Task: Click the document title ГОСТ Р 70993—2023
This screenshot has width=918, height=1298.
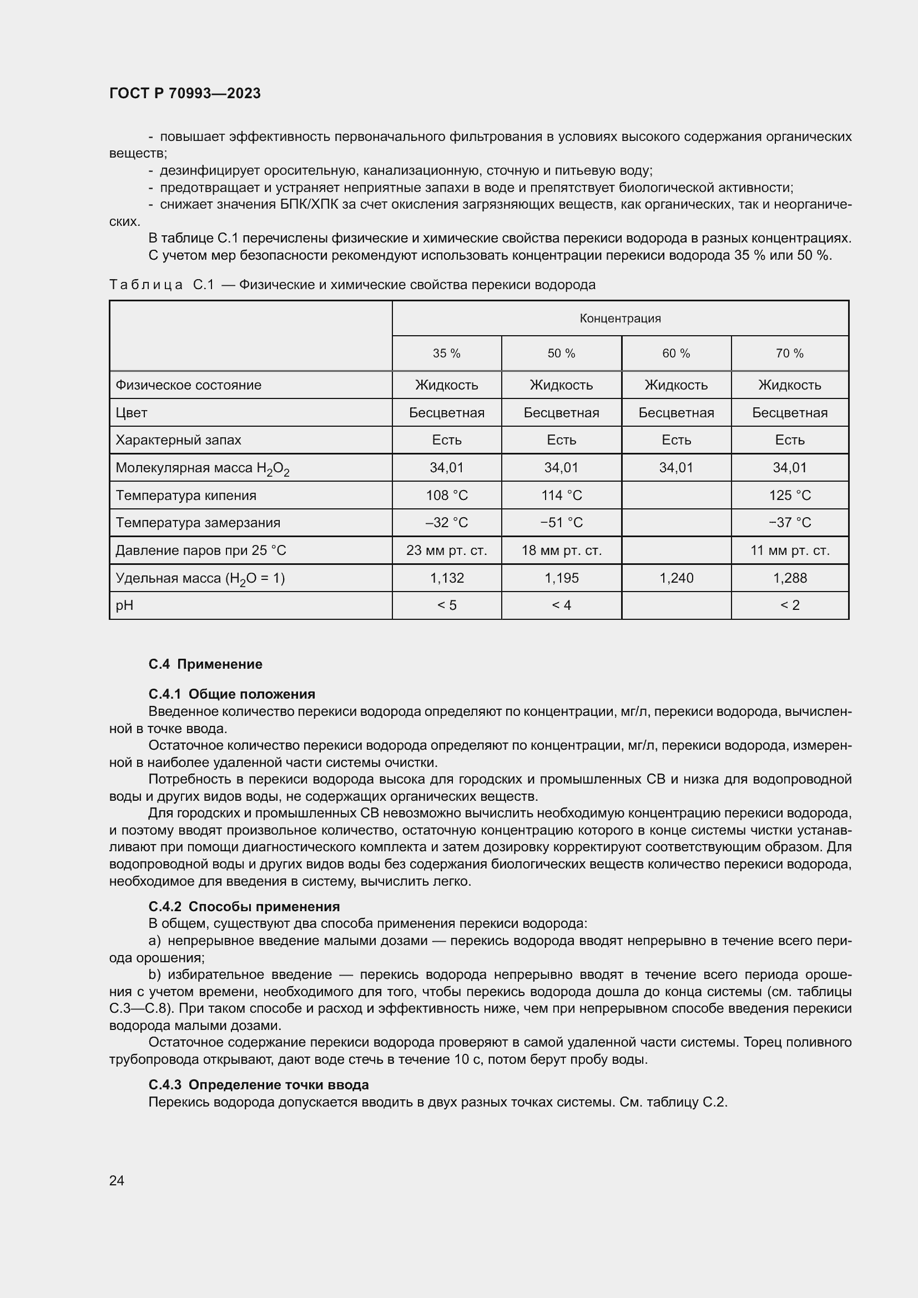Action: coord(185,93)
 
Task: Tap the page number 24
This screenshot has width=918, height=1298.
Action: coord(117,1180)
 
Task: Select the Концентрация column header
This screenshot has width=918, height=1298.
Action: coord(620,319)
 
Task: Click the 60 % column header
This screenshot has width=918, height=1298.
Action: coord(676,353)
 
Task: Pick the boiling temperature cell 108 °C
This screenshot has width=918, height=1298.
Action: coord(447,495)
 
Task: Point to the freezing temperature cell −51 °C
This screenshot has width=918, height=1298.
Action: coord(561,522)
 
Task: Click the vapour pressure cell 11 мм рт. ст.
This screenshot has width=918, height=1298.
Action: coord(790,550)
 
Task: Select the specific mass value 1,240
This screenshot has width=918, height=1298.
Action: coord(676,578)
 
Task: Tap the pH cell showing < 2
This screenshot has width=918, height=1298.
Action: coord(790,605)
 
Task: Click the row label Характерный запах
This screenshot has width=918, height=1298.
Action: coord(178,440)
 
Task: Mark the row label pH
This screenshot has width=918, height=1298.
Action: coord(124,605)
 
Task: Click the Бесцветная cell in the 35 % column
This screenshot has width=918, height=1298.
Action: coord(447,413)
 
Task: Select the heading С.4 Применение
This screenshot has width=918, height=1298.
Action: coord(205,664)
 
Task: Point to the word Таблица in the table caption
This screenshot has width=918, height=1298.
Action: coord(146,284)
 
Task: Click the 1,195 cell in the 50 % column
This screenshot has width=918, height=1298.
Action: coord(561,578)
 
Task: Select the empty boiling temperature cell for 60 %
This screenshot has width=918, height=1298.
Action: coord(676,495)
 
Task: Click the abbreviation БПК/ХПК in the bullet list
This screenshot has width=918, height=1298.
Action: coord(309,205)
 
